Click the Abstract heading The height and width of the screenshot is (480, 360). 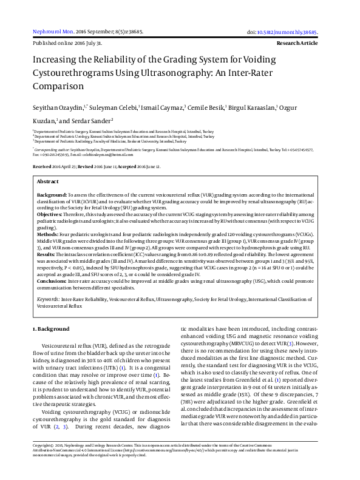[x=47, y=181]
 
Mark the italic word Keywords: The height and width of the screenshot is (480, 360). [x=48, y=299]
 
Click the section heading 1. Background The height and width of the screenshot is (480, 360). [x=50, y=329]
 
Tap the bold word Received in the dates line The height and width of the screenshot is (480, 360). [x=42, y=166]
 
